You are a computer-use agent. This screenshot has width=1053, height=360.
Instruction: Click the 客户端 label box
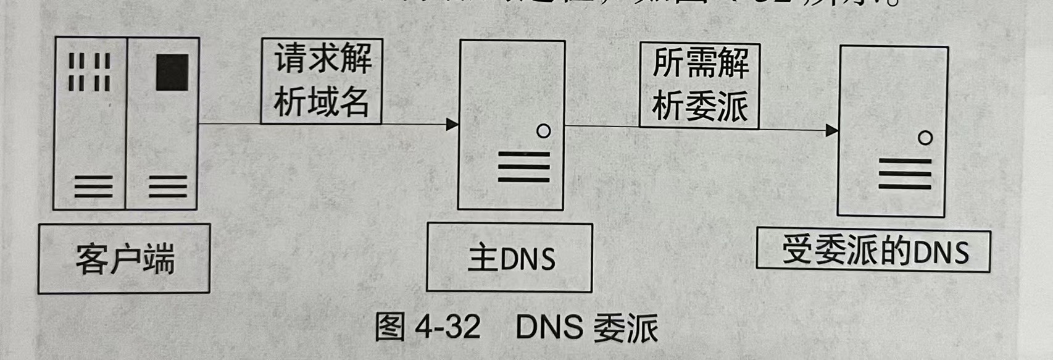point(124,258)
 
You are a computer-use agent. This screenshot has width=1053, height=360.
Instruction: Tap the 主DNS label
point(510,257)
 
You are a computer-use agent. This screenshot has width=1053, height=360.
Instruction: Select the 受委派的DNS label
point(873,251)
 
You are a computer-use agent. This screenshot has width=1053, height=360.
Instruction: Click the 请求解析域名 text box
point(322,81)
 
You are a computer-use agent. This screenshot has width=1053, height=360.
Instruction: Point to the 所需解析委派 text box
point(699,85)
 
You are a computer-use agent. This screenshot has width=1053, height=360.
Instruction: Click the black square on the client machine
point(172,72)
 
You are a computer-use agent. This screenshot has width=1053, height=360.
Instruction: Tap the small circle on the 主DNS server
point(543,131)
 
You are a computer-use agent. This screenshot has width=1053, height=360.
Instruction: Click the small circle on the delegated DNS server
point(925,138)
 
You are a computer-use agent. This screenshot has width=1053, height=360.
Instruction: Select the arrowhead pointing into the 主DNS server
point(452,124)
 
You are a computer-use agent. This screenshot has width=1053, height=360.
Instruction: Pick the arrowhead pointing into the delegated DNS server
point(832,130)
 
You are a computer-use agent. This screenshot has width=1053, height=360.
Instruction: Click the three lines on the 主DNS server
point(523,167)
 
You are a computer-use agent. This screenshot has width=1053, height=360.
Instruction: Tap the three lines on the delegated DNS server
point(905,174)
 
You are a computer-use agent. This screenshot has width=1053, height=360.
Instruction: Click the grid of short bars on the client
point(89,72)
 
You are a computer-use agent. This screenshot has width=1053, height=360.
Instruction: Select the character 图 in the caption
point(390,326)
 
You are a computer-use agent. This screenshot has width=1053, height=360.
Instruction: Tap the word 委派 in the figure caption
point(625,327)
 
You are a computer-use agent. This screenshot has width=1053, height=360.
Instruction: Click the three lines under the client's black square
point(168,186)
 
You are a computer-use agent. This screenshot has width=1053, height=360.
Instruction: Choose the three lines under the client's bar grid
point(93,186)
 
